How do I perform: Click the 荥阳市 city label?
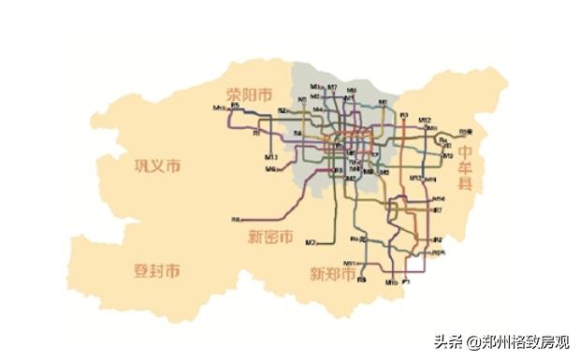tap(249, 94)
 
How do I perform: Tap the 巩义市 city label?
tap(156, 166)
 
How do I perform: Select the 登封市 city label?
tap(156, 271)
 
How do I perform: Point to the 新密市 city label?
tap(270, 237)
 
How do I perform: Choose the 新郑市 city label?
tap(334, 275)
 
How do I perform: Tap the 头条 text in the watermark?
tap(447, 341)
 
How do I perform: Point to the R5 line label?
tap(236, 106)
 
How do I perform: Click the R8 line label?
tap(235, 220)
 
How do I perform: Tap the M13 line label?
tap(414, 177)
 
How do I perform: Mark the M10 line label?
tap(392, 281)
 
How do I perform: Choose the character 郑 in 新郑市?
tap(334, 275)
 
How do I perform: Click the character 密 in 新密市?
tap(270, 237)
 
